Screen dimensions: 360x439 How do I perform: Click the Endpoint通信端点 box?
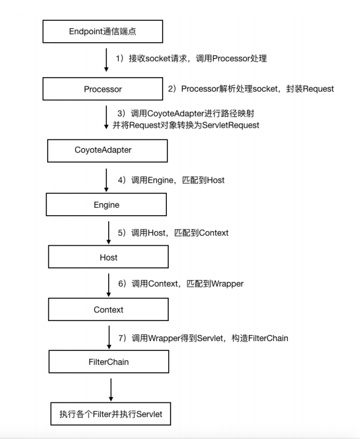(x=103, y=31)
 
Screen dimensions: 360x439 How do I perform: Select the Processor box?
(x=103, y=89)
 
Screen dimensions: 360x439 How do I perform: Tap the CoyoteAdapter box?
(x=108, y=150)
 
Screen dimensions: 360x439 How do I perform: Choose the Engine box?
(x=106, y=204)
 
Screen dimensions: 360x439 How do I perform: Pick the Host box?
(x=108, y=257)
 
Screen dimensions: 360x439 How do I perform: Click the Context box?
(x=108, y=309)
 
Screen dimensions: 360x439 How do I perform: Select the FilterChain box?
(x=109, y=361)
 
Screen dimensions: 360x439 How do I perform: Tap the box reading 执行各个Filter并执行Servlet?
(x=111, y=414)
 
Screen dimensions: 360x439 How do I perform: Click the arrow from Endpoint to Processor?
(x=106, y=60)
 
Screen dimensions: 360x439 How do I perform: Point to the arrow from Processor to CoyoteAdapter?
(x=106, y=117)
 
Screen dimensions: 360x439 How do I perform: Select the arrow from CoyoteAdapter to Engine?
(x=106, y=180)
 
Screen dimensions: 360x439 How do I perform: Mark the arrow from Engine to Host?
(x=109, y=233)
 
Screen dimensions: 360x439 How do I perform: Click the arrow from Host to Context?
(x=109, y=285)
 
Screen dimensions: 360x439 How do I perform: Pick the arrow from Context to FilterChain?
(x=109, y=338)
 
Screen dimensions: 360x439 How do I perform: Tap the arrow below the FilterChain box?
(x=111, y=389)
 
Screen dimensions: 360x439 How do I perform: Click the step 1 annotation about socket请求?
(x=191, y=59)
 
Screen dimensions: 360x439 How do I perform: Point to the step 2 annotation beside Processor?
(x=251, y=89)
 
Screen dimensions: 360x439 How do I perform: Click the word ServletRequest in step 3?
(x=230, y=125)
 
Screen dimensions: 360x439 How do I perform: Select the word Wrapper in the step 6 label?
(x=227, y=284)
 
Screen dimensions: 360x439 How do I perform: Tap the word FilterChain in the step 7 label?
(x=268, y=338)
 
